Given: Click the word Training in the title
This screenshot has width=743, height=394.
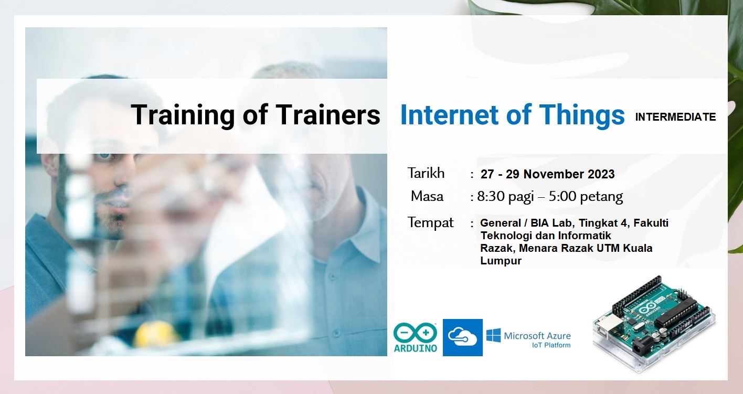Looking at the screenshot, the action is click(183, 115).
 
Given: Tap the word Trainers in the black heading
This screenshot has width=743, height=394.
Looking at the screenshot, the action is click(328, 114).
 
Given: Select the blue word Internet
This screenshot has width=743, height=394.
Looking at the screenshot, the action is click(450, 115).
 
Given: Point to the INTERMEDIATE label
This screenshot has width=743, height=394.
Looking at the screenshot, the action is click(675, 117).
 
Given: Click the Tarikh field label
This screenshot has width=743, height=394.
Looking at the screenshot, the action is click(426, 173).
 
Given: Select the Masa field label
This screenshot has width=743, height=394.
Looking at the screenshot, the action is click(427, 196).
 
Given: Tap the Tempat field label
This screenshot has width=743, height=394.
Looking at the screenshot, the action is click(431, 222).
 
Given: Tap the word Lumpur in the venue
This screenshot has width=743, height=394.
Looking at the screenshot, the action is click(501, 261).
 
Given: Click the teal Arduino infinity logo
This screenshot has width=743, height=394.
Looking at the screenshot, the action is click(415, 333).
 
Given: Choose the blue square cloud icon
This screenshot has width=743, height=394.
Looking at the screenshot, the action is click(463, 337).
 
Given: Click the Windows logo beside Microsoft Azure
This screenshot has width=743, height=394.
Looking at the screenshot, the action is click(494, 335).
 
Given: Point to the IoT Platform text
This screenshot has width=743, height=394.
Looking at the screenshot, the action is click(551, 345).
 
